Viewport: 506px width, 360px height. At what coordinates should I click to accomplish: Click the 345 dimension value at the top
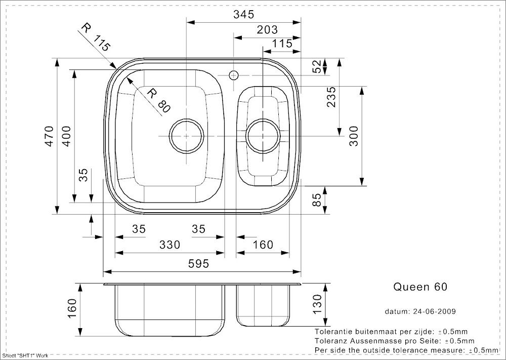point(244,14)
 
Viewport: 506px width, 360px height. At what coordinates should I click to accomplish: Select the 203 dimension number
point(267,30)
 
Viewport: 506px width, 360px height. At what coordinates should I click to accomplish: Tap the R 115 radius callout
point(96,37)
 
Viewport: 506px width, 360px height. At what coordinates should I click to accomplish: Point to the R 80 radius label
point(158,101)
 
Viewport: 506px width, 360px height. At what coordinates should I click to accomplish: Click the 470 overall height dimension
point(49,136)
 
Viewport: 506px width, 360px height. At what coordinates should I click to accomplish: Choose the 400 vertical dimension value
point(66,136)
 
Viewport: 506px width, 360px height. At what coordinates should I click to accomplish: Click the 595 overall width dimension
point(198,264)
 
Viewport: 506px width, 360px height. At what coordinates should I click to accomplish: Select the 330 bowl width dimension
point(170,245)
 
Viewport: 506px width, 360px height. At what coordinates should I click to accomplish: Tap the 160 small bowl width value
point(263,245)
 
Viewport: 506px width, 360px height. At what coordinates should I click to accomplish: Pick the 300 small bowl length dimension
point(354,136)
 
